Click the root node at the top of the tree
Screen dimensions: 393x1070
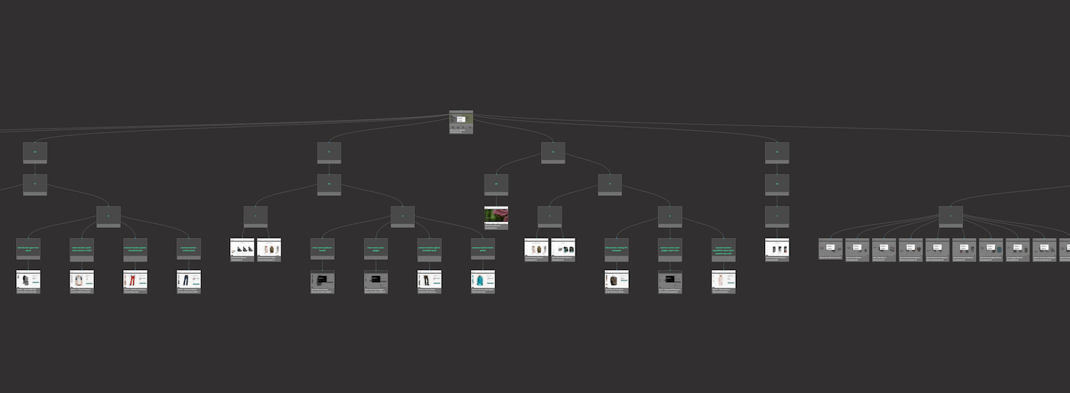pyautogui.click(x=461, y=122)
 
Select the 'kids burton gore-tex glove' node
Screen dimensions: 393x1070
pyautogui.click(x=28, y=248)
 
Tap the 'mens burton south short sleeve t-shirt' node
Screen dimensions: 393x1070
pyautogui.click(x=82, y=248)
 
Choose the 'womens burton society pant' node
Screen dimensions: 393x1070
pyautogui.click(x=189, y=248)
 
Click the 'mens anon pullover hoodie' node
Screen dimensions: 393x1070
pyautogui.click(x=323, y=248)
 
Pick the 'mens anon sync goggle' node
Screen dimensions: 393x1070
pyautogui.click(x=376, y=248)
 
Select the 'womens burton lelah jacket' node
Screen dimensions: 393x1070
pyautogui.click(x=483, y=248)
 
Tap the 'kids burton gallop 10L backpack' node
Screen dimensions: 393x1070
pyautogui.click(x=617, y=248)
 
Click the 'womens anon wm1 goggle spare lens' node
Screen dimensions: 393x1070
pyautogui.click(x=670, y=248)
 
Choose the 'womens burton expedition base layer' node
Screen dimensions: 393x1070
pyautogui.click(x=724, y=248)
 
